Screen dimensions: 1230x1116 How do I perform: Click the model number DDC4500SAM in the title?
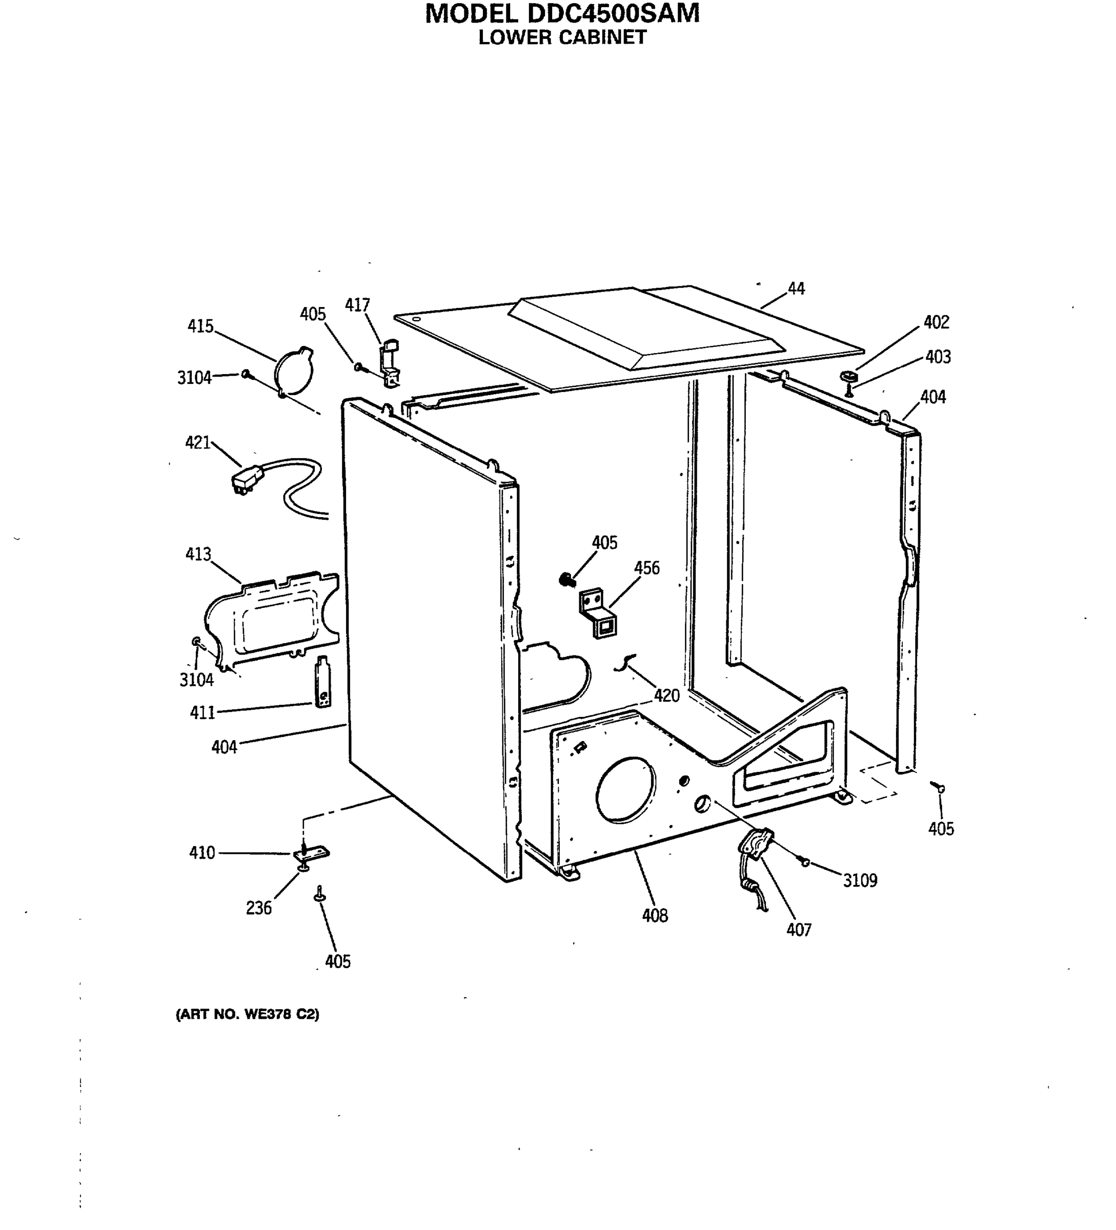(609, 13)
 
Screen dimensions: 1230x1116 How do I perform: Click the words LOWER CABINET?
(561, 37)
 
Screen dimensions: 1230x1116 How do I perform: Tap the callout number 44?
(796, 289)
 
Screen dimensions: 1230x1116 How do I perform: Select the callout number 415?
(200, 326)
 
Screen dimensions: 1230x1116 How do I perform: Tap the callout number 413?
(198, 554)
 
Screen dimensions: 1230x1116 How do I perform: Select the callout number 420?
(666, 695)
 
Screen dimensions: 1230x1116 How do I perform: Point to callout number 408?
(654, 915)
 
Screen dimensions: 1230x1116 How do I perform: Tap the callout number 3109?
(860, 880)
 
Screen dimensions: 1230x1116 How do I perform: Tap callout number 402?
(936, 322)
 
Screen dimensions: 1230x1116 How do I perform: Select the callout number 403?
(938, 357)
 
